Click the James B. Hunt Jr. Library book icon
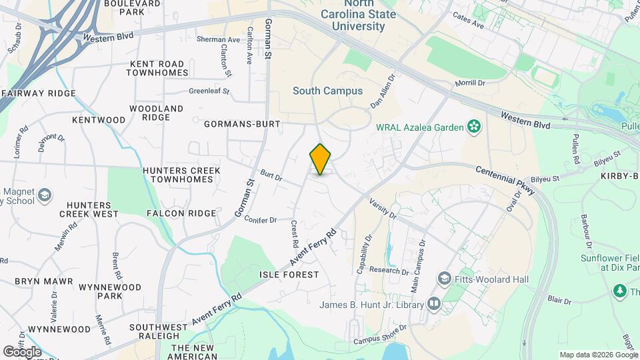pos(435,305)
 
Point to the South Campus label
pos(328,91)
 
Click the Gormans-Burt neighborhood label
pos(243,123)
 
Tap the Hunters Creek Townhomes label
pos(181,175)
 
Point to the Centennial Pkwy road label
pos(505,180)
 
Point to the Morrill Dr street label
pos(469,83)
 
